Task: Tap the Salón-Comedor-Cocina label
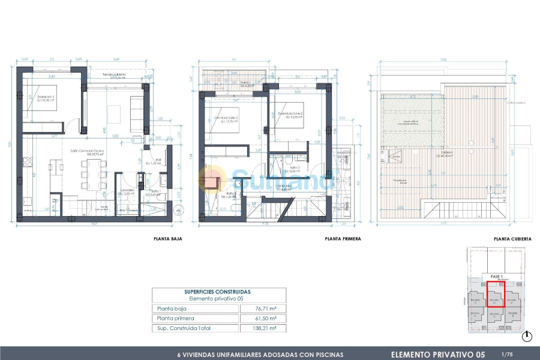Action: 87,152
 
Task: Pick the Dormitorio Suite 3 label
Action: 226,118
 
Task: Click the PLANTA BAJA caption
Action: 168,239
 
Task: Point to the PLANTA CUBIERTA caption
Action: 512,239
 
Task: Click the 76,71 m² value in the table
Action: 266,308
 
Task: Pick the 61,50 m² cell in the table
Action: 266,318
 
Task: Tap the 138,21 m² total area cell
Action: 266,328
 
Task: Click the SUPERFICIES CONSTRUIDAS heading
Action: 219,292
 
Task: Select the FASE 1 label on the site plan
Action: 496,276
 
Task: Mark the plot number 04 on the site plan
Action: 520,284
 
